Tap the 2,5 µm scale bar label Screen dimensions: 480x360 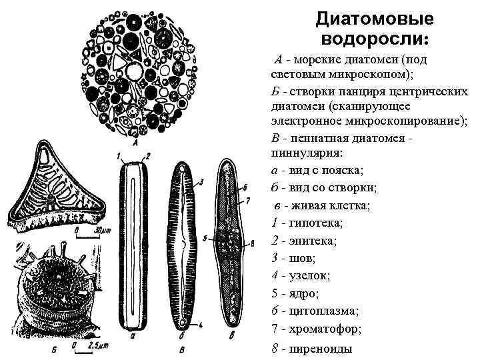pos(101,346)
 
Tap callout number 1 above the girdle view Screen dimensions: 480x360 pos(119,156)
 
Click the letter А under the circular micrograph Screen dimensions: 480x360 pos(135,142)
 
